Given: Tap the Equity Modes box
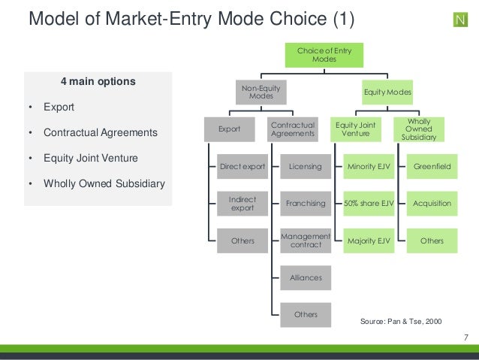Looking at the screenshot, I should click(387, 92).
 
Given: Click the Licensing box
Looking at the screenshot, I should click(306, 166).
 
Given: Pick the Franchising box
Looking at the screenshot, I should click(306, 204).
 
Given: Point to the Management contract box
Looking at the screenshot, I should click(306, 241).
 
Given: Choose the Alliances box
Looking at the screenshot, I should click(306, 277).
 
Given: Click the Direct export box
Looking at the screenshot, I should click(242, 166).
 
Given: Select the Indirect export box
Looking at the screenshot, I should click(242, 204).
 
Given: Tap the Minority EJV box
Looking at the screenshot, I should click(368, 166).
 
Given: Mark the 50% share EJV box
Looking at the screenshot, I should click(368, 204).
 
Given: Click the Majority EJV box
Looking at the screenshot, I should click(368, 241).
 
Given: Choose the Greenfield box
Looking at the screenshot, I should click(432, 166).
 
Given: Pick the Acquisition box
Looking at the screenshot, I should click(432, 204).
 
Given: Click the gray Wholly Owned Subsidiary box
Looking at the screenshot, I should click(424, 129).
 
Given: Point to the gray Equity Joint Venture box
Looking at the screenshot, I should click(356, 129).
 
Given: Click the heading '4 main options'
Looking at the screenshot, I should click(98, 81).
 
